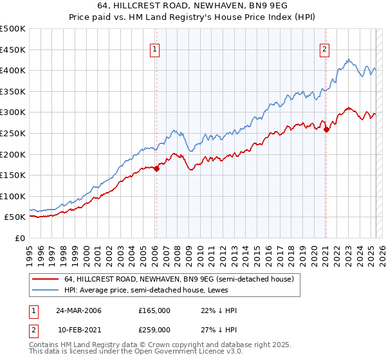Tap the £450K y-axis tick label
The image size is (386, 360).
tap(13, 50)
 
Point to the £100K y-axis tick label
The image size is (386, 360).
tap(13, 196)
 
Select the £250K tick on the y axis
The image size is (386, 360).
tap(13, 133)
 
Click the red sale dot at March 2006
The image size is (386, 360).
tap(156, 168)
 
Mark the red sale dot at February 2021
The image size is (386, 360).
tap(326, 129)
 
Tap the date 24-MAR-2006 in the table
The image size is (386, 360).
tap(78, 310)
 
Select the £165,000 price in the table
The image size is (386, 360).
tap(154, 310)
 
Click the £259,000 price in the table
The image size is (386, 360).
tap(154, 330)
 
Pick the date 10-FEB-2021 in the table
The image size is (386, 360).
tap(78, 330)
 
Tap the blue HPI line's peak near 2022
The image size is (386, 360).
tap(349, 60)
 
